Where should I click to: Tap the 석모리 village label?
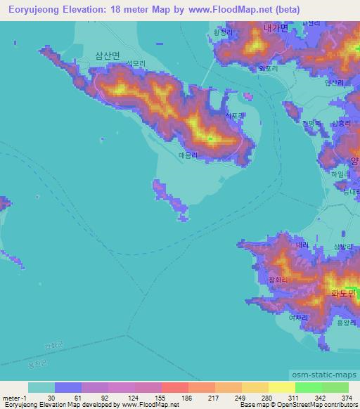pos(135,63)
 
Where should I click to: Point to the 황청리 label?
pos(221,32)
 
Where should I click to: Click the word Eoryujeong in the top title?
pos(32,10)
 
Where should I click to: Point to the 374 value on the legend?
pos(347,397)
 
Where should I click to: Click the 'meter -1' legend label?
pos(15,397)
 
